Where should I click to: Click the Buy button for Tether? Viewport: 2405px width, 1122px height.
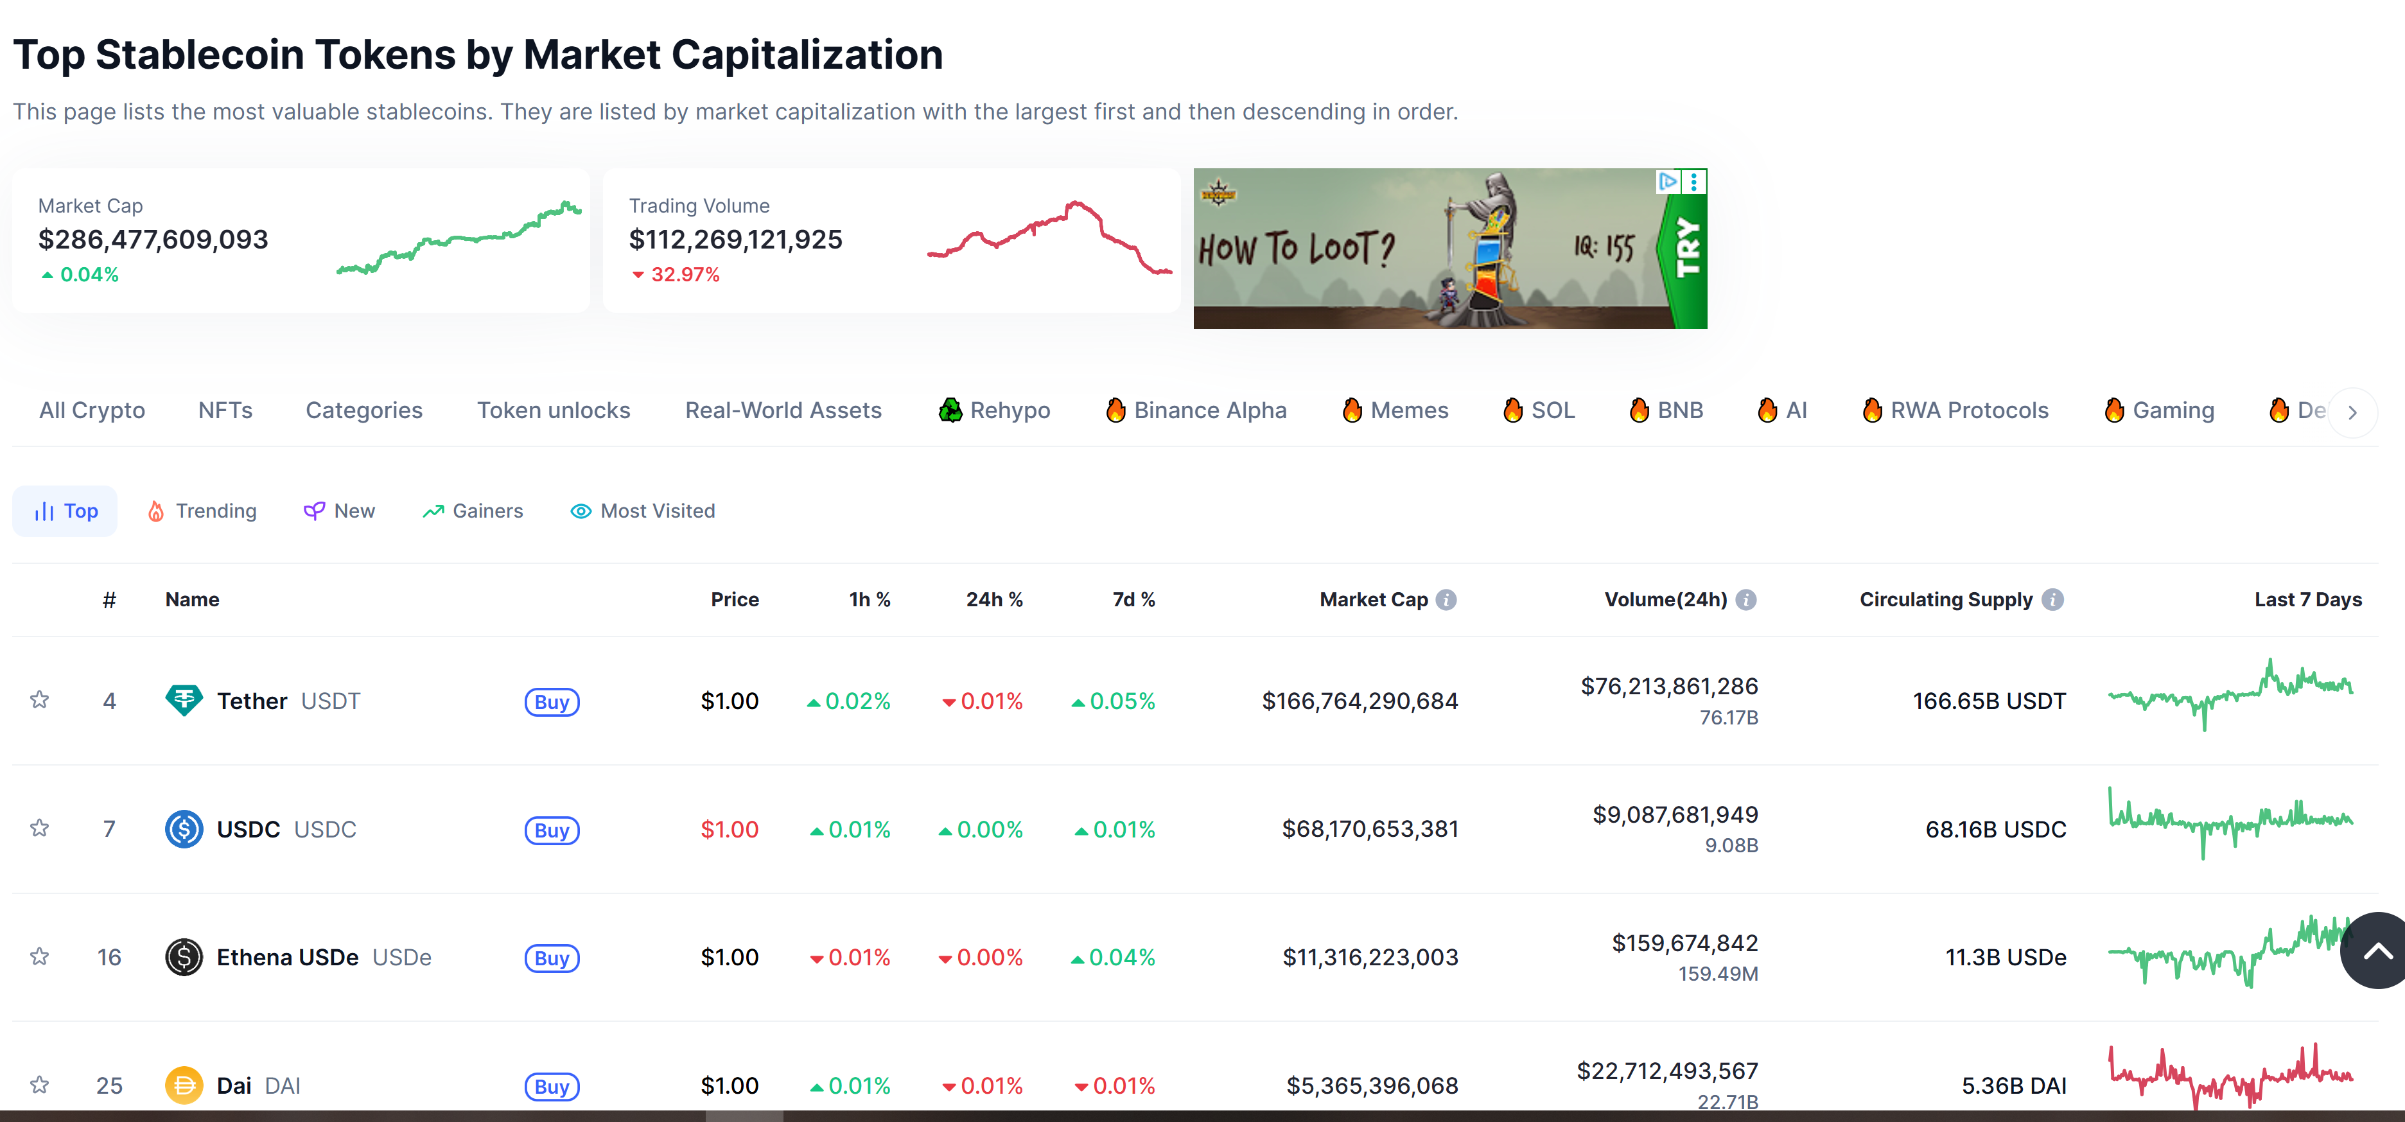coord(552,702)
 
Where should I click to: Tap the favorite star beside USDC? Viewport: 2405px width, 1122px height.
coord(39,828)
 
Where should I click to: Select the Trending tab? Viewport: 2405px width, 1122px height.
coord(202,511)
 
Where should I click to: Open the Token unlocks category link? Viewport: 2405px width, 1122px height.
coord(554,411)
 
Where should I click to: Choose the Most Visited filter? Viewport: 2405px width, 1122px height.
coord(643,511)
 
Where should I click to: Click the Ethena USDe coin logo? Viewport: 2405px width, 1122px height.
coord(184,957)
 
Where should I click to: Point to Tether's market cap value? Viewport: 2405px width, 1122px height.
coord(1360,701)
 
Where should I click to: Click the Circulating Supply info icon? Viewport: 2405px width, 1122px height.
coord(2052,599)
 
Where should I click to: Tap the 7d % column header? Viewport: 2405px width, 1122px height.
coord(1133,599)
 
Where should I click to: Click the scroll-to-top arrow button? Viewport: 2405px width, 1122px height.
coord(2376,951)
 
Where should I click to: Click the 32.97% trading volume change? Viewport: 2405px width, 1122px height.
coord(676,274)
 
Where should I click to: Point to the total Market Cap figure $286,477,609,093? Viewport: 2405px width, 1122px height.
coord(153,240)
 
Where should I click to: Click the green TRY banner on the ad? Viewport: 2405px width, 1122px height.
coord(1686,249)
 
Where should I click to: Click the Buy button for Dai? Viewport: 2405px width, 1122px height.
coord(552,1087)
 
